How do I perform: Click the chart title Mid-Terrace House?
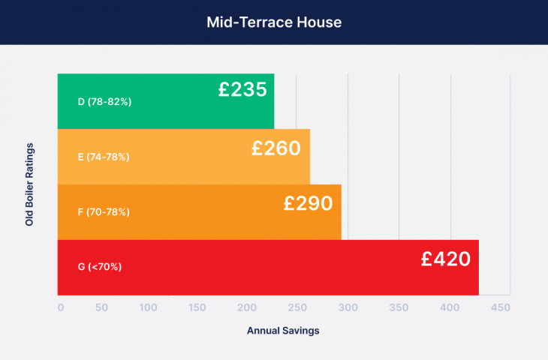274,22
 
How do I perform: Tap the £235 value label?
242,89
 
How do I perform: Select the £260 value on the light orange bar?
276,148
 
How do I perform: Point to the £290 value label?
308,203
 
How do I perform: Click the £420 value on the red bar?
446,259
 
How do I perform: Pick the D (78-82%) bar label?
104,101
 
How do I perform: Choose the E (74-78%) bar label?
104,157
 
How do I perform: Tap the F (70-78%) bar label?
104,212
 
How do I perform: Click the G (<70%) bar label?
100,267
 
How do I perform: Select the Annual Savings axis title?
283,331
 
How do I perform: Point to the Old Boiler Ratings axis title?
29,184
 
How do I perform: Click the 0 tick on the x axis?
61,307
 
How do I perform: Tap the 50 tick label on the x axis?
101,307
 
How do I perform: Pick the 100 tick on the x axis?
148,307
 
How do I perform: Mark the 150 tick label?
197,307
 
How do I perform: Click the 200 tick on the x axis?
247,307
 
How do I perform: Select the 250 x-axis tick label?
297,307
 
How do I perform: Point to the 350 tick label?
399,307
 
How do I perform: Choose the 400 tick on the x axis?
450,307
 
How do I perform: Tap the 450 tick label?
501,307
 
